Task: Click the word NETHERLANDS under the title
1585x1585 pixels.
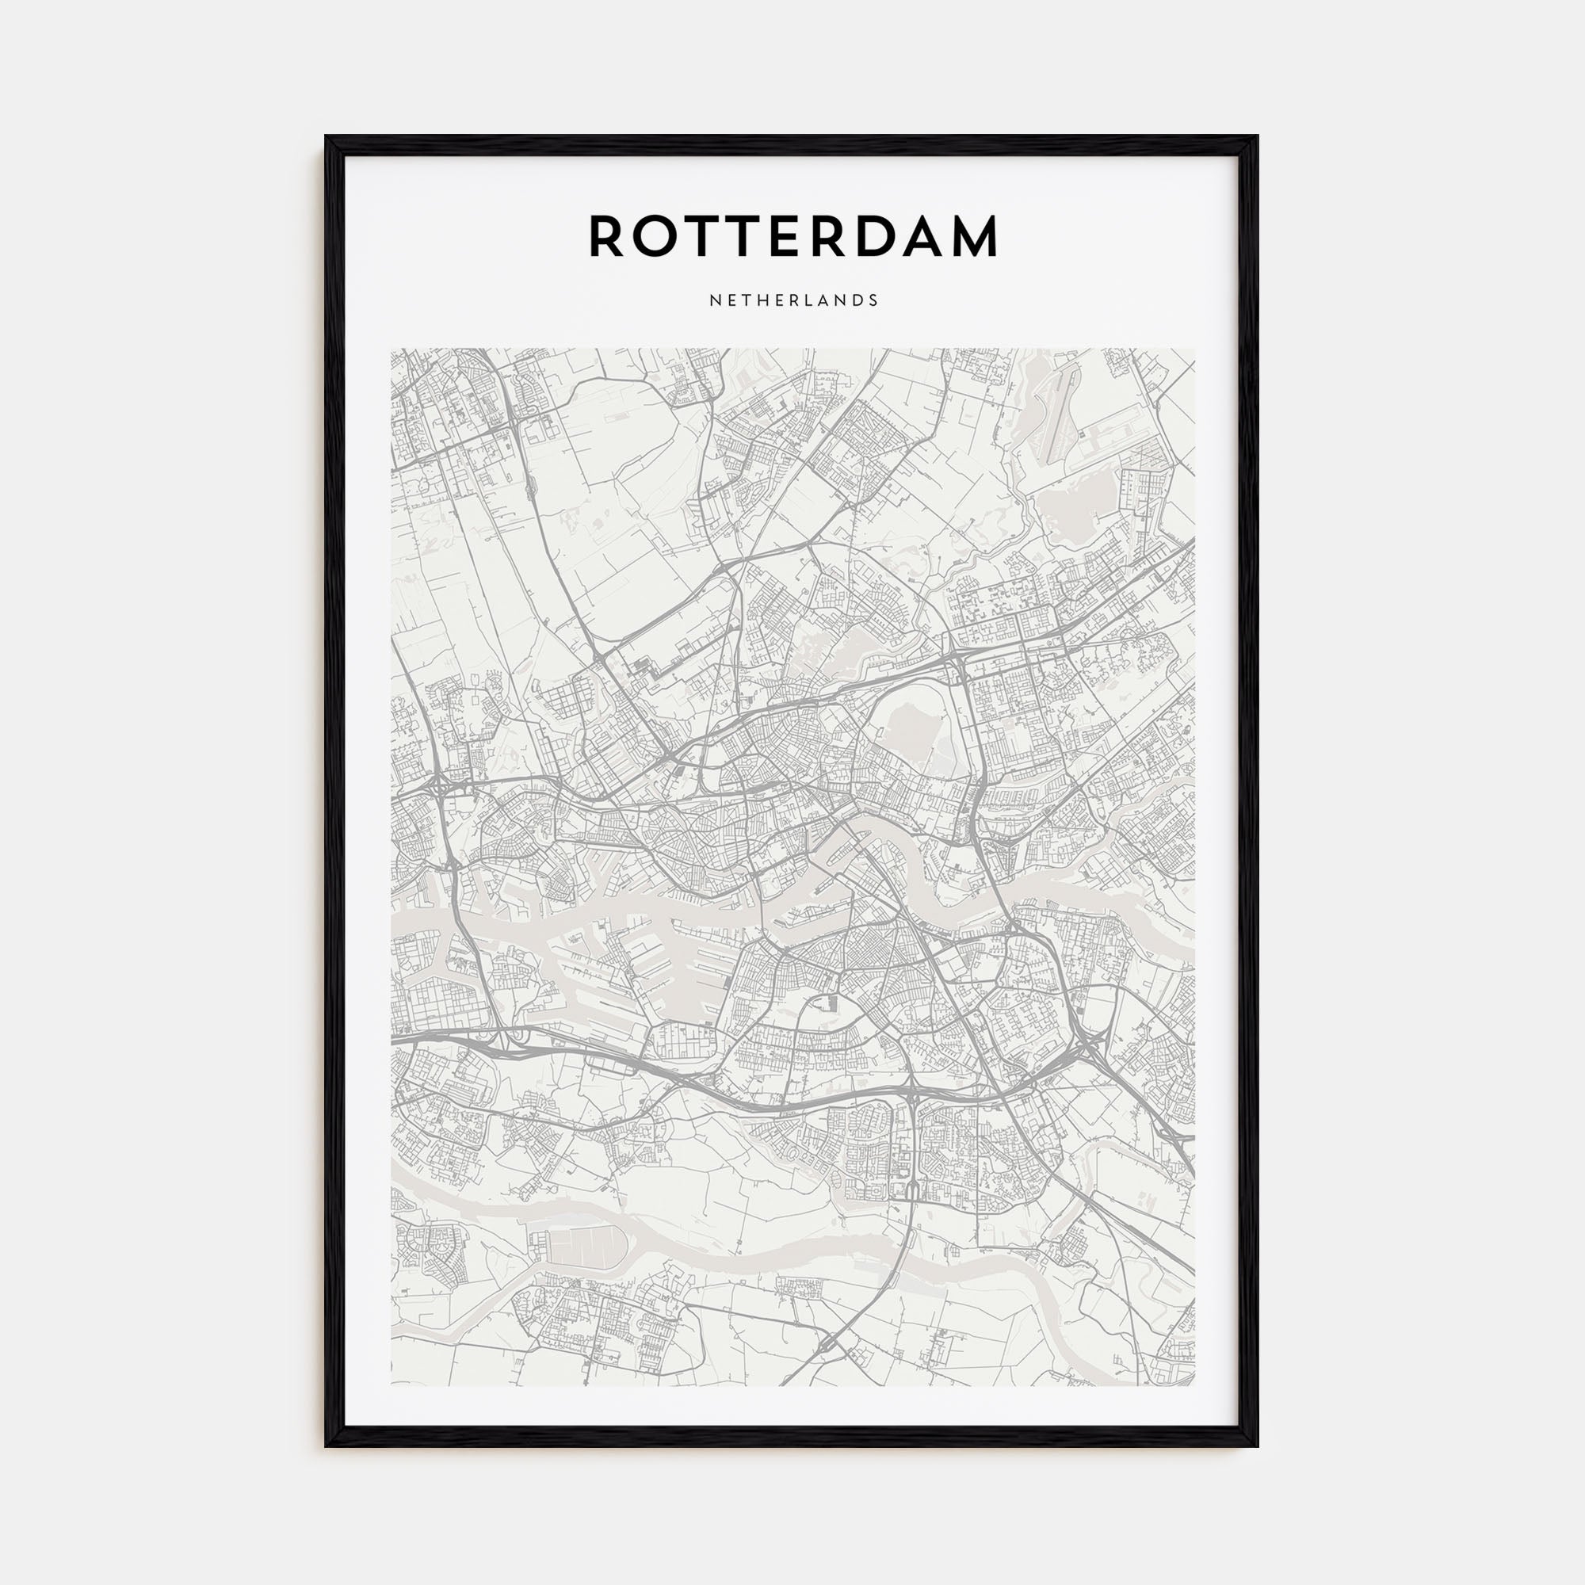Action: click(793, 300)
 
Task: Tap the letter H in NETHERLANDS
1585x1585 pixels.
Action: click(762, 300)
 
